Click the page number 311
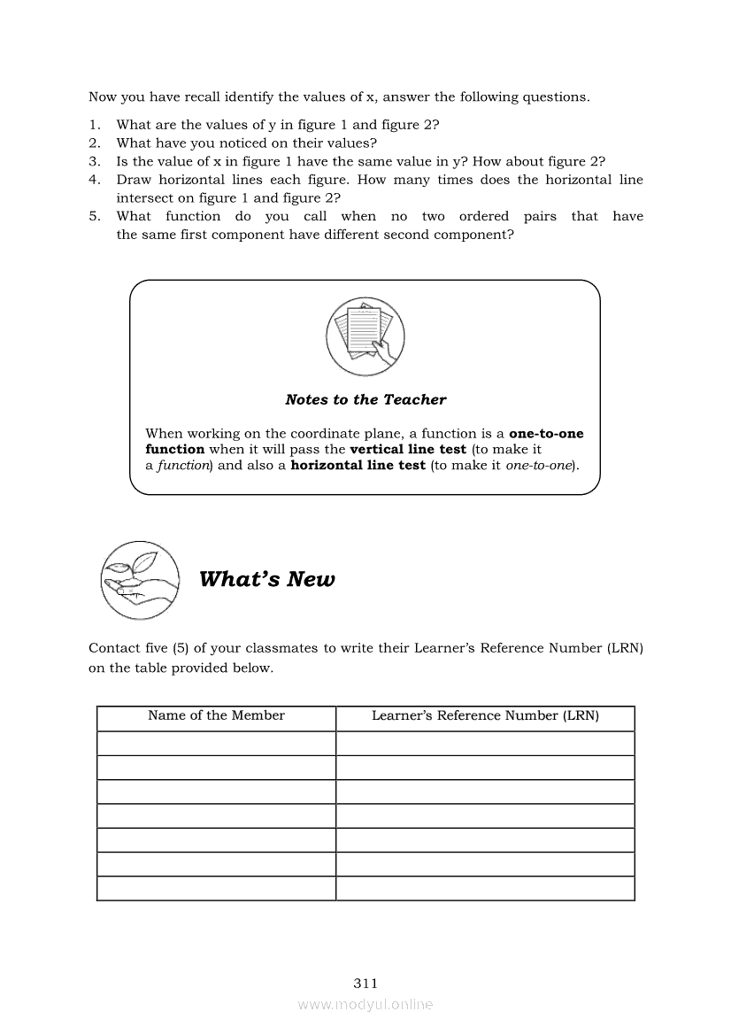click(365, 983)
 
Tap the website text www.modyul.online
click(365, 1004)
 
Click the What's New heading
click(266, 580)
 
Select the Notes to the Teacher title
click(365, 399)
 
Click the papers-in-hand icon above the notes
click(365, 338)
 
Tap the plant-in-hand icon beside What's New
click(139, 579)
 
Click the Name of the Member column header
click(216, 715)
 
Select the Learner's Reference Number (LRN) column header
click(485, 715)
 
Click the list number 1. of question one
click(94, 125)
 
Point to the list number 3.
click(94, 161)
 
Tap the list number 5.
click(94, 216)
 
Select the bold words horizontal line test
click(358, 466)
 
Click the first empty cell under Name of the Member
click(216, 744)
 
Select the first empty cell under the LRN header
click(485, 744)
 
